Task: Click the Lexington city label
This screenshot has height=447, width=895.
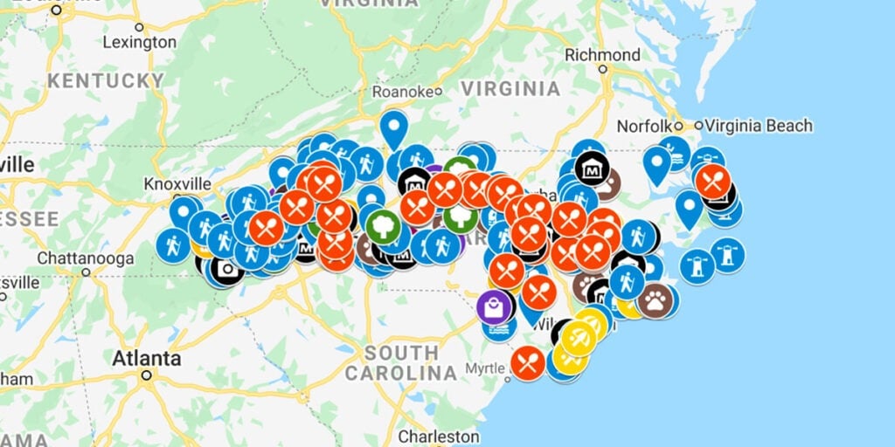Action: click(x=139, y=42)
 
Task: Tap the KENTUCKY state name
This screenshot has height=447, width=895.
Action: click(x=106, y=80)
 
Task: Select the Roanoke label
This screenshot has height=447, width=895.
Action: click(x=403, y=91)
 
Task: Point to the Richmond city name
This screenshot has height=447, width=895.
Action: click(x=602, y=54)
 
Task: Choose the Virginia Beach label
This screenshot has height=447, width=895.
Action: click(x=759, y=126)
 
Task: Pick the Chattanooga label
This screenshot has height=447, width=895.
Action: click(x=86, y=258)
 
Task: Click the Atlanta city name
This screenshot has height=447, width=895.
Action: click(x=147, y=359)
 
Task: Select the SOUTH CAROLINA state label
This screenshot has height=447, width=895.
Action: click(x=401, y=363)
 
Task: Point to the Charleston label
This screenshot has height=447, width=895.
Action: click(x=439, y=436)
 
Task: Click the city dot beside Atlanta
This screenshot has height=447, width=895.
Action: click(x=147, y=375)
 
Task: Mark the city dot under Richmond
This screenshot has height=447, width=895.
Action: click(x=602, y=68)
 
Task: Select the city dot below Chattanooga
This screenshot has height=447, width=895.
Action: click(x=86, y=272)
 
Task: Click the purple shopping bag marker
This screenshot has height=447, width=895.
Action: click(x=495, y=307)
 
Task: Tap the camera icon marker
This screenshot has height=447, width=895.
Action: click(x=227, y=269)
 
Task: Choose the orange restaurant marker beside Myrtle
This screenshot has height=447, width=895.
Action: click(x=528, y=362)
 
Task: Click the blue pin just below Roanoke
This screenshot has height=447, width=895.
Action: click(x=394, y=129)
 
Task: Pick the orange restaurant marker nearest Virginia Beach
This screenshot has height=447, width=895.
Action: click(x=713, y=181)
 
